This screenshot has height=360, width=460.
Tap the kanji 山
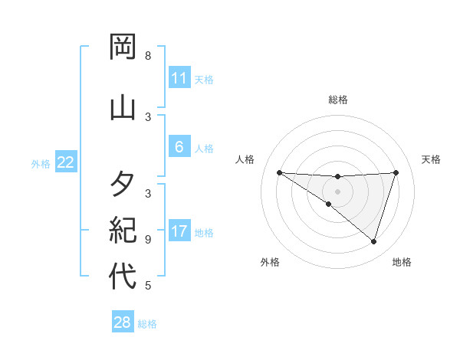pyautogui.click(x=123, y=106)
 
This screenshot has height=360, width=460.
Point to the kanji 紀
pyautogui.click(x=123, y=230)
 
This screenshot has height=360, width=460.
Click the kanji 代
pyautogui.click(x=123, y=276)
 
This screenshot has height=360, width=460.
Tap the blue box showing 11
pyautogui.click(x=179, y=77)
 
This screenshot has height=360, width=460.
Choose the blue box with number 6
pyautogui.click(x=179, y=147)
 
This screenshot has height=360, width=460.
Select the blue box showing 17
pyautogui.click(x=179, y=231)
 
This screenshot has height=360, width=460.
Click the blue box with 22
pyautogui.click(x=65, y=162)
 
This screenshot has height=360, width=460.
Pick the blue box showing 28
pyautogui.click(x=123, y=322)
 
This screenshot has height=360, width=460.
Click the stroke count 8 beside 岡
pyautogui.click(x=148, y=56)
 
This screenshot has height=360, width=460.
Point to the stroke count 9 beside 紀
pyautogui.click(x=148, y=239)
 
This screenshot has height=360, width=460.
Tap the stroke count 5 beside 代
pyautogui.click(x=148, y=286)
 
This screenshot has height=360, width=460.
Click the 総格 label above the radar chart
pyautogui.click(x=337, y=100)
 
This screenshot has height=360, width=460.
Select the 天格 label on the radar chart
pyautogui.click(x=432, y=159)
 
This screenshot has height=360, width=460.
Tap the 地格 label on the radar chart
pyautogui.click(x=402, y=262)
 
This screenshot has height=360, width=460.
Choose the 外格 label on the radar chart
pyautogui.click(x=270, y=262)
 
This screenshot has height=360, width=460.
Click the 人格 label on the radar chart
pyautogui.click(x=245, y=159)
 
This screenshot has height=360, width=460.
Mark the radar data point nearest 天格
pyautogui.click(x=396, y=172)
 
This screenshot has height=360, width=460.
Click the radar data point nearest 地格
pyautogui.click(x=373, y=241)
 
